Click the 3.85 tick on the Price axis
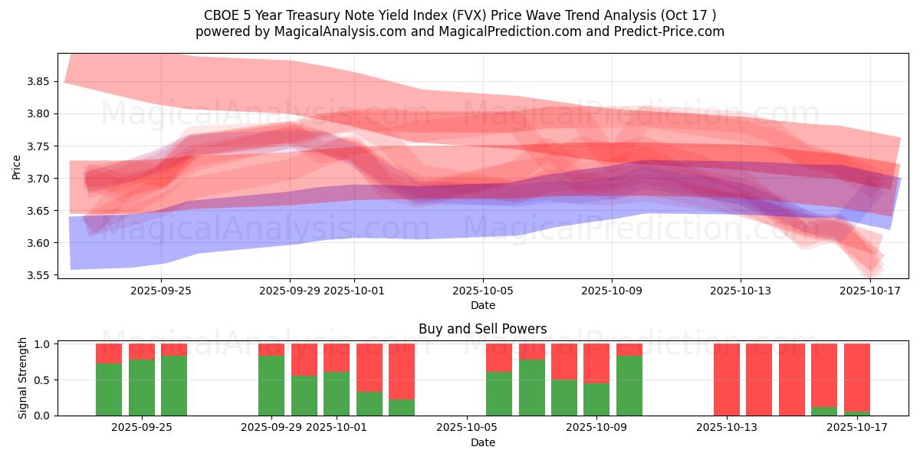(x=39, y=82)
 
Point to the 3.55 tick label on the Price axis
(x=39, y=275)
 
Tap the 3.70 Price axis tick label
(x=39, y=179)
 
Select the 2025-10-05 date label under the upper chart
(x=483, y=291)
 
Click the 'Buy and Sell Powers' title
(x=482, y=329)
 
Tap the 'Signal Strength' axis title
(x=23, y=378)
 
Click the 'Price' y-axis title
(x=17, y=166)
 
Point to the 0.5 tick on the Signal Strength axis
(x=42, y=379)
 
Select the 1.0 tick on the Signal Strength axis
(x=42, y=344)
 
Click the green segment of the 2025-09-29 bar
(x=271, y=386)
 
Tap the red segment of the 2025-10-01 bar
(x=337, y=357)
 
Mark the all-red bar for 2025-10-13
(x=727, y=379)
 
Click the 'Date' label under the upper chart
(x=483, y=305)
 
